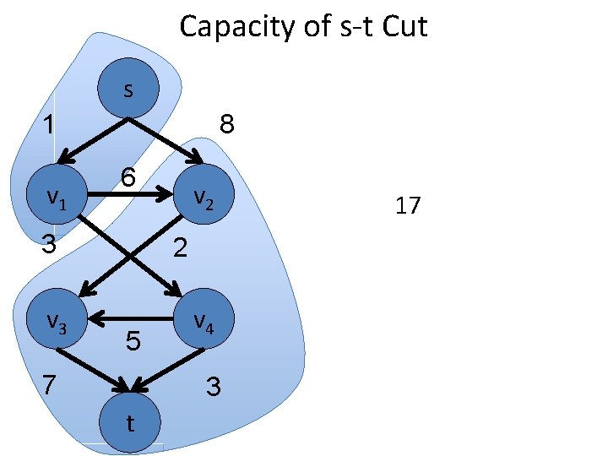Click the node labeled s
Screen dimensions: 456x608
128,88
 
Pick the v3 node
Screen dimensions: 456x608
57,319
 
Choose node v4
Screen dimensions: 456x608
201,319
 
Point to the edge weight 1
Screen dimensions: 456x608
51,125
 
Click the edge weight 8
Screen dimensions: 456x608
226,125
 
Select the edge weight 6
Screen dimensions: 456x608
128,178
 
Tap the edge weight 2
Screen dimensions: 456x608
180,247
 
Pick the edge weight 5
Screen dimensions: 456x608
133,342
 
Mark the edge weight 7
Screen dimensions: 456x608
51,385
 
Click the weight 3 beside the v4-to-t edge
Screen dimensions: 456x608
213,388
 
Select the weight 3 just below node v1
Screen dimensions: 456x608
50,244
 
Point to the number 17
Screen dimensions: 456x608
407,205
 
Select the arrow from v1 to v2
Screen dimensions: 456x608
127,196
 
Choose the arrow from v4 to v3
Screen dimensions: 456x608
131,319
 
